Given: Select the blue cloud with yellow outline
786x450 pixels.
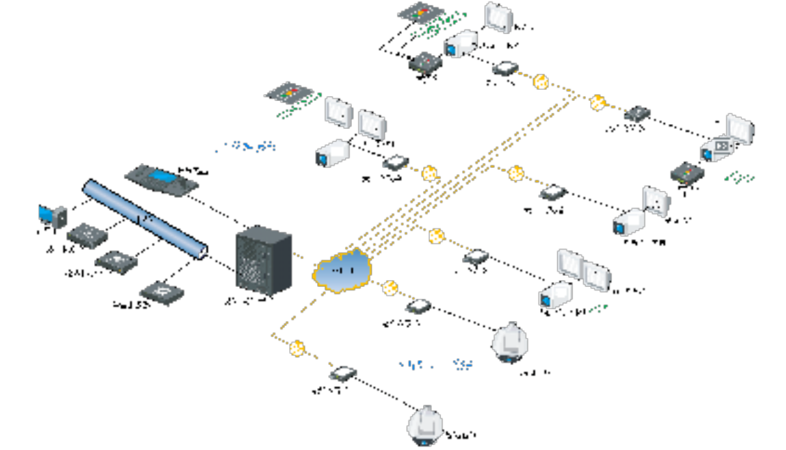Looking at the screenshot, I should coord(342,269).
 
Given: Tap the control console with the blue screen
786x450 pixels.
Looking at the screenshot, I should coord(162,180).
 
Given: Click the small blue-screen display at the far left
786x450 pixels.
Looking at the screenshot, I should coord(52,217).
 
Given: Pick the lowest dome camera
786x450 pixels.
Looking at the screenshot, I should coord(426,424).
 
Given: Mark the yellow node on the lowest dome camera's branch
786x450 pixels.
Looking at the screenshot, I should coord(298,348).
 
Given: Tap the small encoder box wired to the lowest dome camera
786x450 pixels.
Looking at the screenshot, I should coord(344,373).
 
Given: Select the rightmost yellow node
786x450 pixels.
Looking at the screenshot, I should coord(596,102).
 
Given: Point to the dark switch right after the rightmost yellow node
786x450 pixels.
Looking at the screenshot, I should coord(637,114).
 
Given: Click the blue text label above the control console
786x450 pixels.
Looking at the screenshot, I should coord(246,146).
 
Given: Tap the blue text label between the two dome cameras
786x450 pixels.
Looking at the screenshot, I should coord(436,364).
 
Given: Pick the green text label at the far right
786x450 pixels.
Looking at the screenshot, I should coord(739,178).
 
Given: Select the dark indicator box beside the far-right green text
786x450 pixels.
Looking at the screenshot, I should coord(684,173).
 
